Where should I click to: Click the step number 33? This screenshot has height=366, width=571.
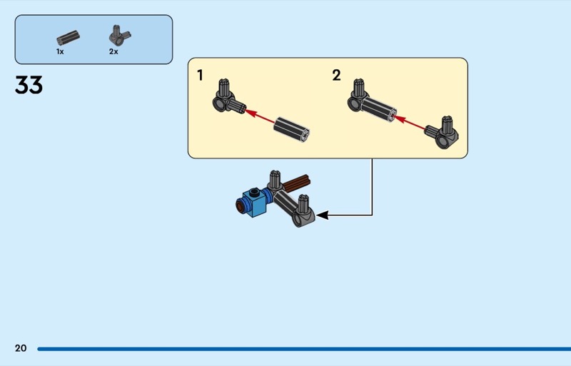coord(29,85)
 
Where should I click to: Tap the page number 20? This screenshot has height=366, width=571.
coord(21,348)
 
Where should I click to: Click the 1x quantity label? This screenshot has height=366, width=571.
coord(60,51)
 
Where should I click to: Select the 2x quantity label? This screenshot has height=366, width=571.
coord(113,51)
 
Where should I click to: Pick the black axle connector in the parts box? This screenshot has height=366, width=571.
coord(68,38)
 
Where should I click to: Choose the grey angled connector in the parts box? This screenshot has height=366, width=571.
coord(120,36)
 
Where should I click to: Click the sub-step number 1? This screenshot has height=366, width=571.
coord(200,76)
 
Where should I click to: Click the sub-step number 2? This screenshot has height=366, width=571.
coord(336,76)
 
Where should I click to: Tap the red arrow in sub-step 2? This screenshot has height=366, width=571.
coord(409,123)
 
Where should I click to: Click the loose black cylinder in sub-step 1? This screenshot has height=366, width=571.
coord(292,130)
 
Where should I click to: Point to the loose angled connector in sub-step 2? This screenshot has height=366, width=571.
coord(442,133)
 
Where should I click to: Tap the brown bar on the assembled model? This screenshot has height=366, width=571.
coord(297,183)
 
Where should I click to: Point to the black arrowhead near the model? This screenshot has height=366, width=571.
coord(323,215)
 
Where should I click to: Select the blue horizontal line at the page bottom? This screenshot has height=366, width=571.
coord(304,349)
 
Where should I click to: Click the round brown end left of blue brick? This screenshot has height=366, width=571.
coord(240,208)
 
